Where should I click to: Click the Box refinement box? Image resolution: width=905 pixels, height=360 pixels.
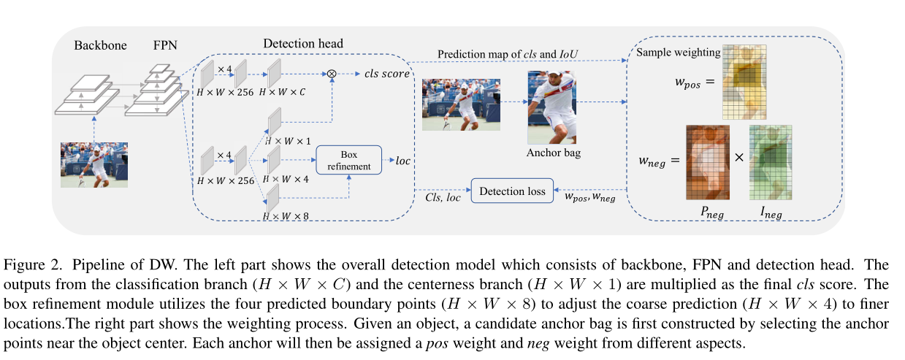349,160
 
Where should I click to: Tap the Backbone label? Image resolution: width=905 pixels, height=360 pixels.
100,45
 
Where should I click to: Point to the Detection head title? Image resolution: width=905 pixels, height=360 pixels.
303,44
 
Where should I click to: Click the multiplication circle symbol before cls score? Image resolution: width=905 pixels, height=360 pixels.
332,74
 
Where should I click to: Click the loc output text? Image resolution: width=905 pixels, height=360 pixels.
403,160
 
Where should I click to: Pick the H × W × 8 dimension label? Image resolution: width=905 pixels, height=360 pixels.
287,216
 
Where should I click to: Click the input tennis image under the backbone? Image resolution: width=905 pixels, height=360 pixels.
94,164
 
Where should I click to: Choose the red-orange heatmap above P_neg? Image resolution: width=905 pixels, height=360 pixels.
708,162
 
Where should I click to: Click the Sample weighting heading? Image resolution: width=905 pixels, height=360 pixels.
678,53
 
